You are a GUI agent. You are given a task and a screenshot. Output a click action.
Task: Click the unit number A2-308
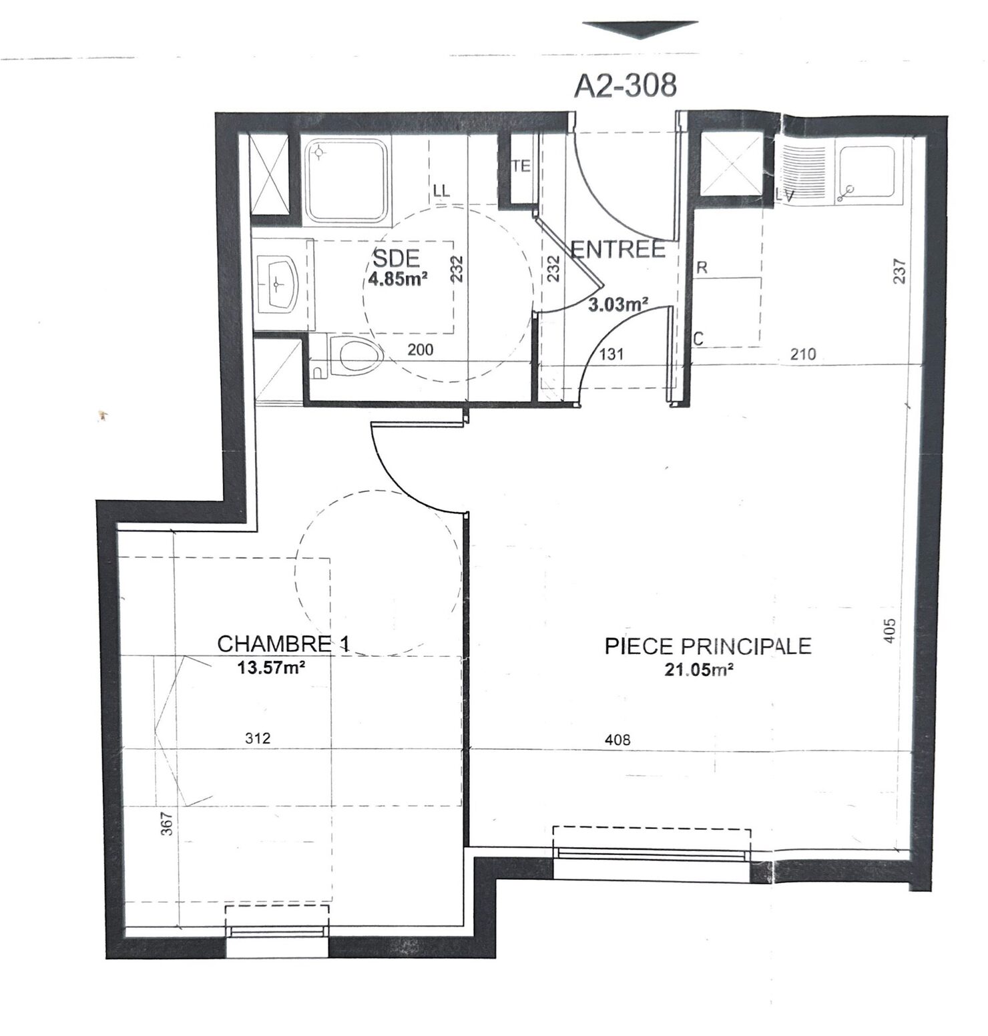pyautogui.click(x=625, y=85)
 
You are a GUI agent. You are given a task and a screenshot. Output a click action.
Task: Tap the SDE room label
pyautogui.click(x=396, y=257)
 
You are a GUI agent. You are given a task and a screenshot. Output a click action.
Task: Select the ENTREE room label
pyautogui.click(x=619, y=249)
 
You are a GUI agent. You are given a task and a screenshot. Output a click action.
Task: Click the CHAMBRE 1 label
pyautogui.click(x=283, y=643)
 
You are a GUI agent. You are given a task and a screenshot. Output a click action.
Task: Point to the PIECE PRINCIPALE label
pyautogui.click(x=708, y=645)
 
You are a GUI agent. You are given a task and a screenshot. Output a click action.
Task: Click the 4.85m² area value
pyautogui.click(x=398, y=279)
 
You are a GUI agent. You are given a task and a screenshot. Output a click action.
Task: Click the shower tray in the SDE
pyautogui.click(x=347, y=181)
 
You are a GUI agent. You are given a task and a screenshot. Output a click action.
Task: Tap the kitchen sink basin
pyautogui.click(x=866, y=174)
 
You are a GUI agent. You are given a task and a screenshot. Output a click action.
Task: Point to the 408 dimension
pyautogui.click(x=617, y=739)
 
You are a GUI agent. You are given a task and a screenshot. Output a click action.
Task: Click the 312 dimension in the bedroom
pyautogui.click(x=258, y=738)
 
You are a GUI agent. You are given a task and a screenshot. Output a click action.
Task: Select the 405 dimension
pyautogui.click(x=889, y=630)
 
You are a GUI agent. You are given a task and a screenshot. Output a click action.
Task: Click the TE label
pyautogui.click(x=521, y=167)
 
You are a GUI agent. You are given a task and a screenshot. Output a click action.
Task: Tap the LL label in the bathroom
pyautogui.click(x=441, y=191)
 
